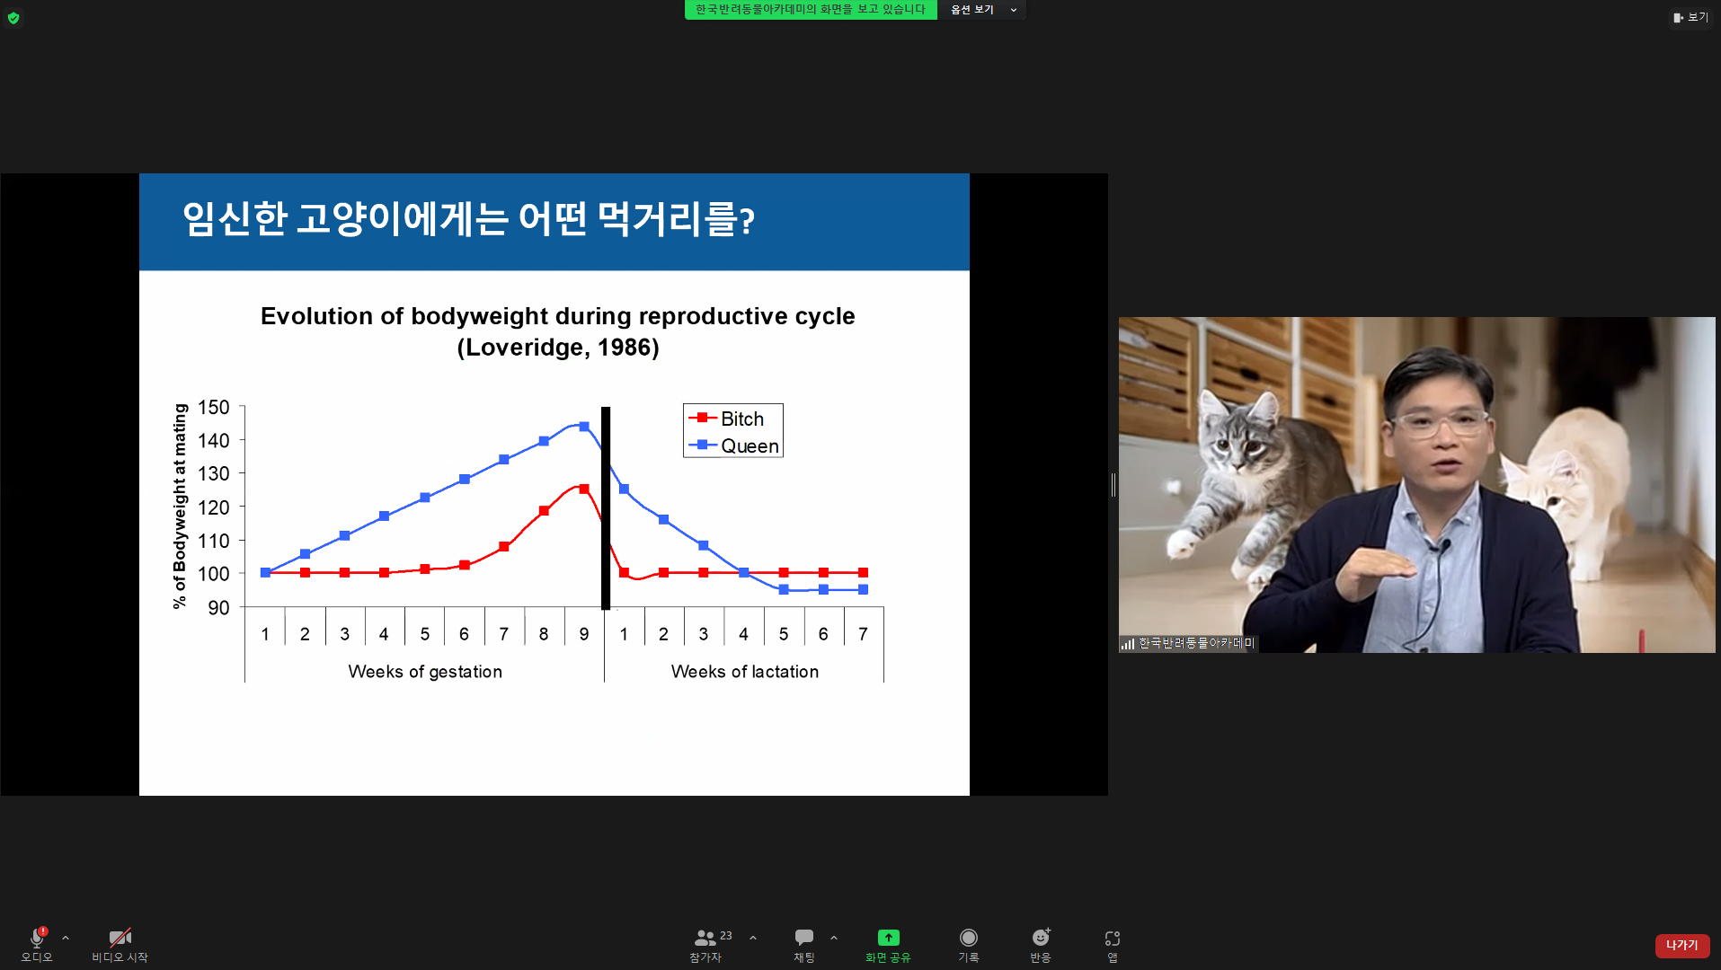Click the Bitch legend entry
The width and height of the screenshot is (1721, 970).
point(726,419)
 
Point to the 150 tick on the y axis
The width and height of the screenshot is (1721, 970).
point(214,408)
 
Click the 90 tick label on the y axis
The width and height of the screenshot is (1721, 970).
point(218,608)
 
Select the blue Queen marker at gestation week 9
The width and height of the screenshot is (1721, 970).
point(584,427)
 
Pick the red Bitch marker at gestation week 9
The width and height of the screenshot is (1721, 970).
point(584,489)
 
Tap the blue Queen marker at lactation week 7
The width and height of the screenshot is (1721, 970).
point(863,590)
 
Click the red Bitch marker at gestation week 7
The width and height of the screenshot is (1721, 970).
point(504,546)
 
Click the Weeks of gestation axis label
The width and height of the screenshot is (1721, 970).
point(425,672)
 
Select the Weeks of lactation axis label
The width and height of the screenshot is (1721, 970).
point(745,672)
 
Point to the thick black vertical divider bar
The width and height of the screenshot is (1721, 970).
point(606,508)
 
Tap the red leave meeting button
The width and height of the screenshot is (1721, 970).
point(1681,945)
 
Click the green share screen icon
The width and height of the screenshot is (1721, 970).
point(888,938)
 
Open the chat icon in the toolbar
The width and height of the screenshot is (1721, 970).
point(804,938)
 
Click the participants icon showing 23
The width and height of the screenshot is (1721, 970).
point(705,938)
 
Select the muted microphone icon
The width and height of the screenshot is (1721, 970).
point(37,938)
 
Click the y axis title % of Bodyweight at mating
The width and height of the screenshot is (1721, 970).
point(180,506)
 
